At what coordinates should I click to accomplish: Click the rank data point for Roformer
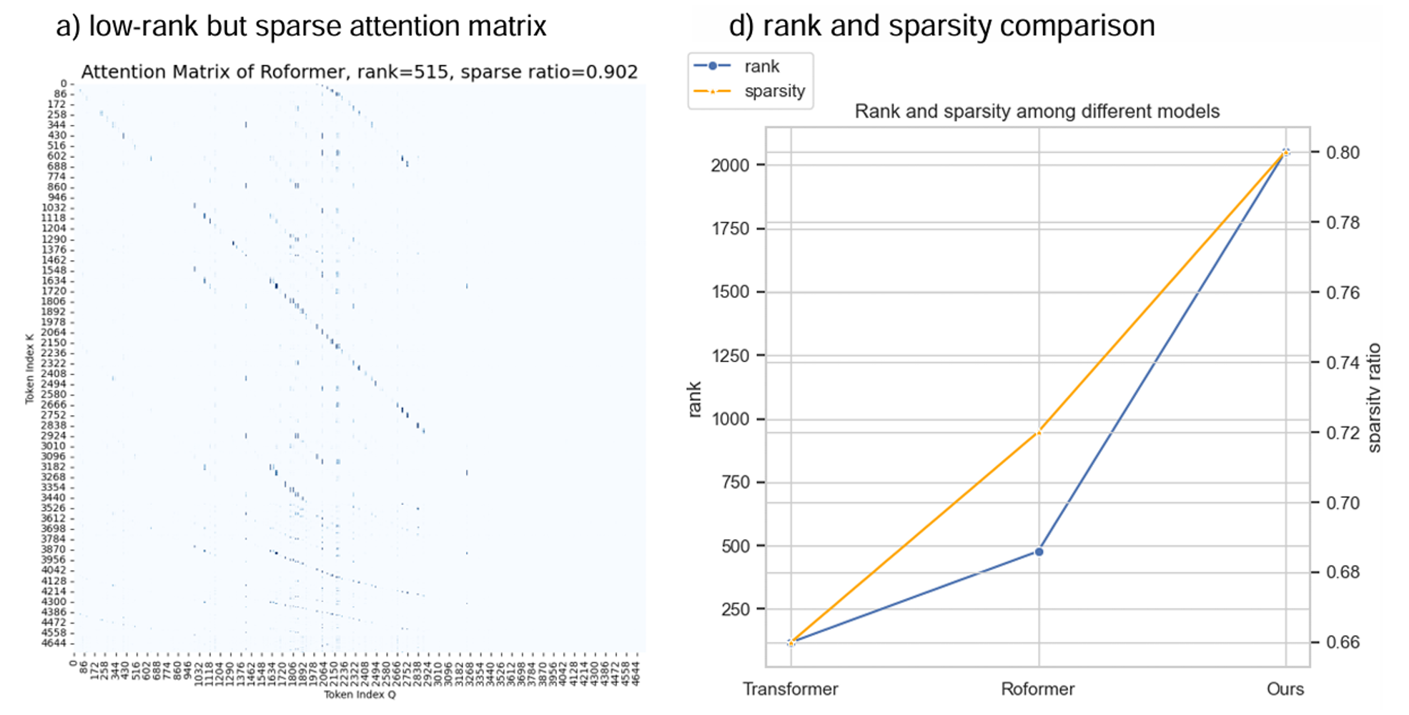(x=1039, y=551)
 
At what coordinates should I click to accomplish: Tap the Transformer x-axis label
(x=790, y=689)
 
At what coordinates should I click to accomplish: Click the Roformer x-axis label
(x=1037, y=689)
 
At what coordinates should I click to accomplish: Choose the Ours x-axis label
(x=1285, y=689)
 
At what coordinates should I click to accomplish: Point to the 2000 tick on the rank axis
(x=730, y=165)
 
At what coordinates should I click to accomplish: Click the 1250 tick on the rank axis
(x=730, y=356)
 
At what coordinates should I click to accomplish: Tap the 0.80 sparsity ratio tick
(x=1343, y=153)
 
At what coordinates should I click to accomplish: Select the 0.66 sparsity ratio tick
(x=1343, y=642)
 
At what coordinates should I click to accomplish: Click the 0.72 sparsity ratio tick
(x=1343, y=433)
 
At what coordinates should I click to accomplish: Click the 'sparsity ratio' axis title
(x=1374, y=398)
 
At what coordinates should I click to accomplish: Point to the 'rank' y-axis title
(x=694, y=399)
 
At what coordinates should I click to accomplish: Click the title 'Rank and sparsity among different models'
(x=1037, y=111)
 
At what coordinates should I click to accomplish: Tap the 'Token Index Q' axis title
(x=360, y=694)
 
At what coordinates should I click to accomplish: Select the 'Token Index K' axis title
(x=29, y=369)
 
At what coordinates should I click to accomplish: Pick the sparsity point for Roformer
(x=1039, y=432)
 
